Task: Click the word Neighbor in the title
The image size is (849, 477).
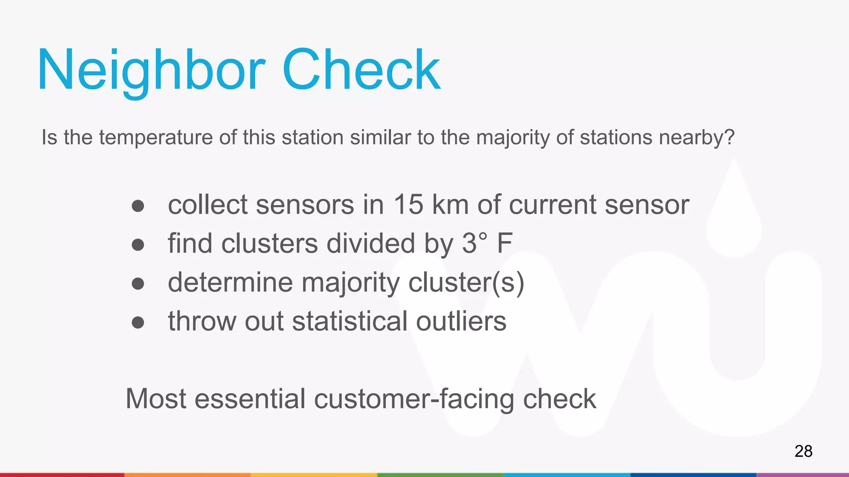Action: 151,70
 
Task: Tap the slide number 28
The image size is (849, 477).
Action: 803,451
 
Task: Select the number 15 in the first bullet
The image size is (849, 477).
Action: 408,205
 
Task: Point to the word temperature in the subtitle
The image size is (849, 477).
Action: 156,137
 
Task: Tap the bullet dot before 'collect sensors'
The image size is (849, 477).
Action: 138,206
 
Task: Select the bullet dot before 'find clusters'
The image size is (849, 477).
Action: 138,245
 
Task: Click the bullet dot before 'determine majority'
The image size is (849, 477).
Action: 138,284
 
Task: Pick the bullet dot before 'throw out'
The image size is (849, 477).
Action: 138,323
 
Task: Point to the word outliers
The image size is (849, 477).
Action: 461,321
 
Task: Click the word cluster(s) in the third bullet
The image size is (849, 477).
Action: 466,283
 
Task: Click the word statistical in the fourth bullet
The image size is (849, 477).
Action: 350,321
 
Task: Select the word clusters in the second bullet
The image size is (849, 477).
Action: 269,243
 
